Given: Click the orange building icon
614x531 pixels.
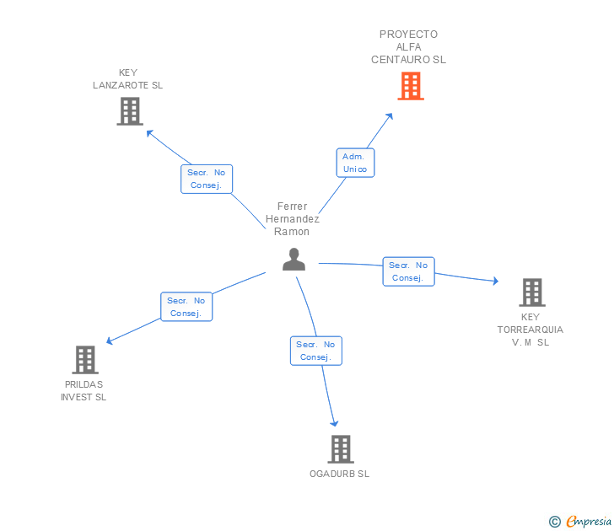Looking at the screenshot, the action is tap(411, 86).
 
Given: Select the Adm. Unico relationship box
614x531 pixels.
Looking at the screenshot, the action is tap(355, 163).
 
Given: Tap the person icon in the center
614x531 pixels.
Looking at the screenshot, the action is tap(294, 260).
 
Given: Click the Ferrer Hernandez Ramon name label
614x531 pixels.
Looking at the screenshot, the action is tap(292, 219).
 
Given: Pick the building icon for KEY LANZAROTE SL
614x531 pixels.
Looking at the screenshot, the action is tap(130, 111).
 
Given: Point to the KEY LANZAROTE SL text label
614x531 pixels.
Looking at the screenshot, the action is tap(127, 78).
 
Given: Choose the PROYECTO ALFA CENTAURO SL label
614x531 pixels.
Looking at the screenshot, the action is tap(408, 47).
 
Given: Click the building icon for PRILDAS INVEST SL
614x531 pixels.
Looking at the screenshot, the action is tap(85, 360).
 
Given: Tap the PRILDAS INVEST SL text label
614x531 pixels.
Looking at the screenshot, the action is tap(83, 390).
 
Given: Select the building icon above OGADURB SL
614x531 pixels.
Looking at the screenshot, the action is tap(341, 449).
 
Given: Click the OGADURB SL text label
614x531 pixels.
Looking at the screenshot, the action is tap(340, 474).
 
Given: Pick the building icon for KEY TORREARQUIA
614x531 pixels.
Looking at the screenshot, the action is tap(532, 292).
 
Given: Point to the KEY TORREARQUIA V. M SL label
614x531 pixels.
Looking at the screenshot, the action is tap(531, 330).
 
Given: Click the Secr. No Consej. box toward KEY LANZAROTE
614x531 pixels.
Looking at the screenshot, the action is tap(207, 179).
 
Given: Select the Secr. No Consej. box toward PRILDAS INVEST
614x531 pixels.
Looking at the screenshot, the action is tap(186, 307).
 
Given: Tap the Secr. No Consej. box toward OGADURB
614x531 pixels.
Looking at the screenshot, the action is tap(316, 351).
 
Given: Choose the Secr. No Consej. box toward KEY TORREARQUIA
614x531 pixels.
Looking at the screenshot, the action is tap(408, 271).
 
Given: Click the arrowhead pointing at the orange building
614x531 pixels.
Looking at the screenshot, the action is tap(390, 117).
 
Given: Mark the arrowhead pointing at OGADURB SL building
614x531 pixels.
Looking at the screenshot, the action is tap(334, 423).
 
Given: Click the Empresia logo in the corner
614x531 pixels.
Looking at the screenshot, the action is tap(580, 521).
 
